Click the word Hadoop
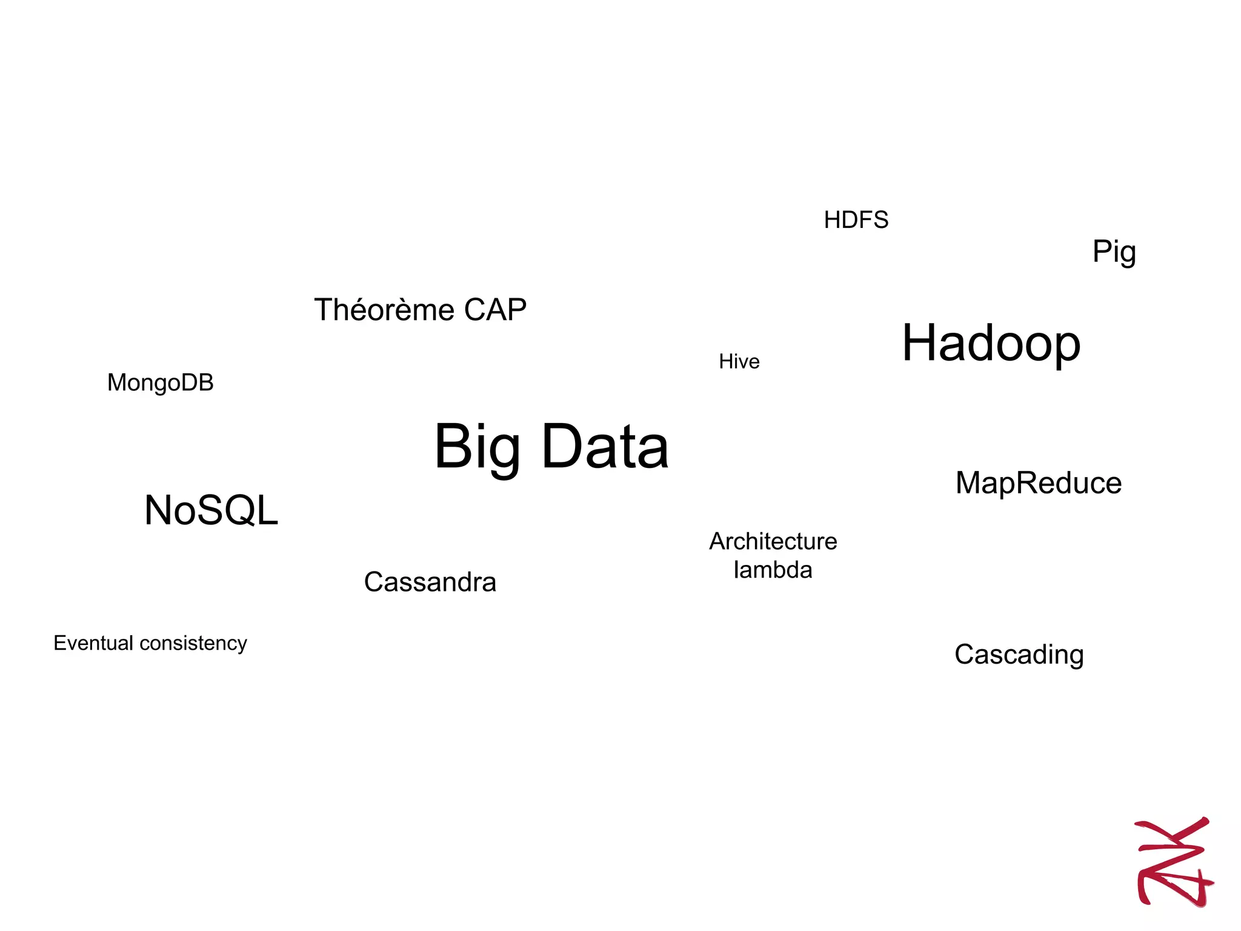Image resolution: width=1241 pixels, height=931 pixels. click(991, 344)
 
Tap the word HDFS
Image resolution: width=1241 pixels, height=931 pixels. click(856, 220)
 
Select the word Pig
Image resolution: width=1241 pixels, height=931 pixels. click(1114, 252)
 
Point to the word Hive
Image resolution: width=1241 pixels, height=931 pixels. click(739, 362)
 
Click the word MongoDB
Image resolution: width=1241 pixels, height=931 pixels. click(160, 383)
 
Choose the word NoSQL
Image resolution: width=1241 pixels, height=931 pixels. click(211, 510)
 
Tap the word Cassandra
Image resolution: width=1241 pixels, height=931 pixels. click(430, 582)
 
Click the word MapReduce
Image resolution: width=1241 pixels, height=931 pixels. click(1038, 484)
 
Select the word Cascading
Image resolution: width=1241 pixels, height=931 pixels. click(1019, 655)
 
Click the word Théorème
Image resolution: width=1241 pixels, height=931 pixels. click(384, 310)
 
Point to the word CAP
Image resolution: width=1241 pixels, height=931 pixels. click(495, 310)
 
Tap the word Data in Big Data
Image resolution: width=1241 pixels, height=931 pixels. click(605, 447)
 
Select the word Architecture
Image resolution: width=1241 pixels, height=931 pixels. click(773, 541)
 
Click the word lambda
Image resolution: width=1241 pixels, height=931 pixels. click(773, 570)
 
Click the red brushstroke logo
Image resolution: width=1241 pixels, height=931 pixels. click(1173, 861)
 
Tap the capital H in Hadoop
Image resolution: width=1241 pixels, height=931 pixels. click(920, 342)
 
